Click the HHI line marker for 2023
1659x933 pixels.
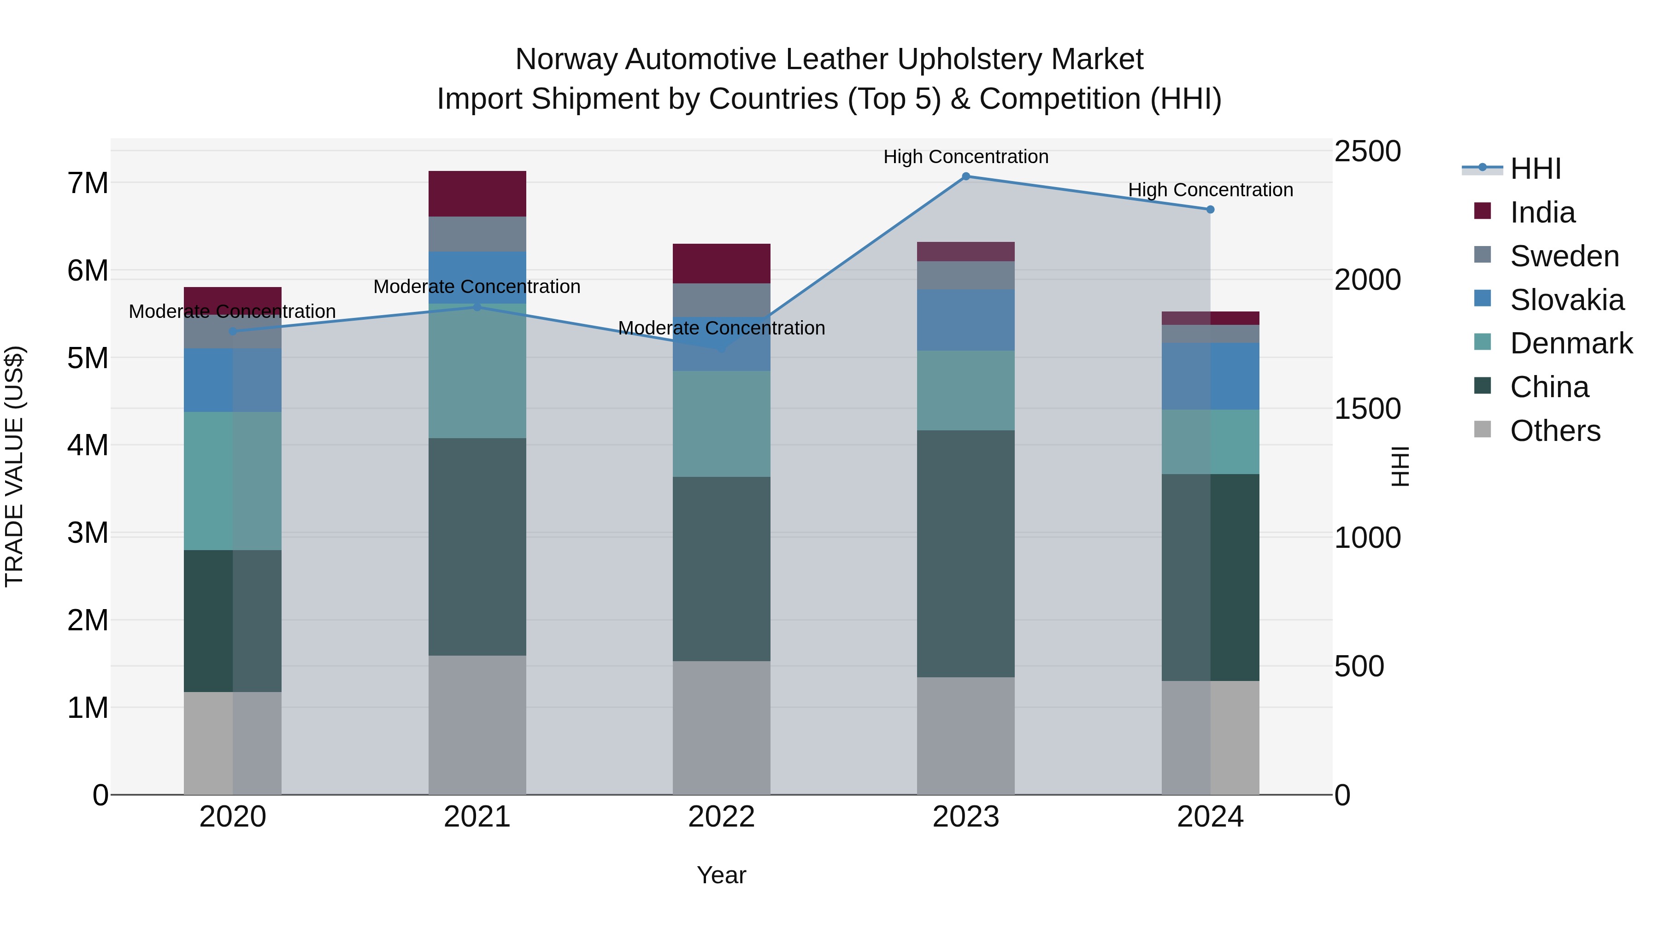tap(965, 176)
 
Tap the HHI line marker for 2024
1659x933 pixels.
tap(1210, 209)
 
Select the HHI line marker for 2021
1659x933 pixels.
tap(477, 307)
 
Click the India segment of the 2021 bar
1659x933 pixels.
tap(477, 194)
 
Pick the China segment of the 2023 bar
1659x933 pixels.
tap(965, 554)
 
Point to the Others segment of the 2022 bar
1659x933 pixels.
tap(721, 728)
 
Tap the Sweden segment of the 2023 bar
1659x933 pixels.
tap(965, 276)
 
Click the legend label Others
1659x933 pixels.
tap(1555, 431)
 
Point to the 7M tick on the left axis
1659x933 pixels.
tap(88, 183)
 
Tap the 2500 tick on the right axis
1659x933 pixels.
tap(1367, 152)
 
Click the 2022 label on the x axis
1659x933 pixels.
tap(721, 817)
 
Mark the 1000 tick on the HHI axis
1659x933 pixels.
tap(1367, 538)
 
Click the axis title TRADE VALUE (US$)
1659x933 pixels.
tap(14, 466)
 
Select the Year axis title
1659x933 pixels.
tap(721, 875)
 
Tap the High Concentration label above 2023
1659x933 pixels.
tap(965, 157)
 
